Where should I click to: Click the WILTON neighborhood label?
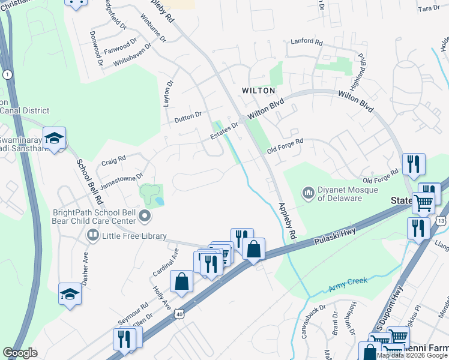click(x=258, y=91)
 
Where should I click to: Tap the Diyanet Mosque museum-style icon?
click(x=309, y=192)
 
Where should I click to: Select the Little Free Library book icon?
click(x=92, y=236)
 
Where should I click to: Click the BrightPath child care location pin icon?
click(x=144, y=215)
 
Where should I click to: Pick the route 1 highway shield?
click(x=7, y=74)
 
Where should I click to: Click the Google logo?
click(x=20, y=353)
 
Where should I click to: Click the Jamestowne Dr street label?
click(x=121, y=181)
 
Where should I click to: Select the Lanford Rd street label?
click(x=306, y=42)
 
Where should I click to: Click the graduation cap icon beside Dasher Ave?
click(x=70, y=294)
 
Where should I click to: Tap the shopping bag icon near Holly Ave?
click(x=181, y=281)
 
